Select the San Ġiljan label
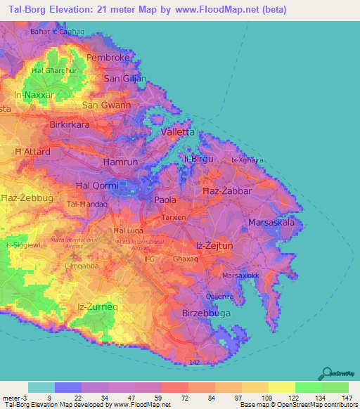[125, 79]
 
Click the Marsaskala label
[271, 223]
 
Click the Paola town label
[165, 200]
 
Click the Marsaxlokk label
[240, 275]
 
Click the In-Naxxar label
[34, 94]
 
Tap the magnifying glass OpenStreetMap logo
[327, 373]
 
